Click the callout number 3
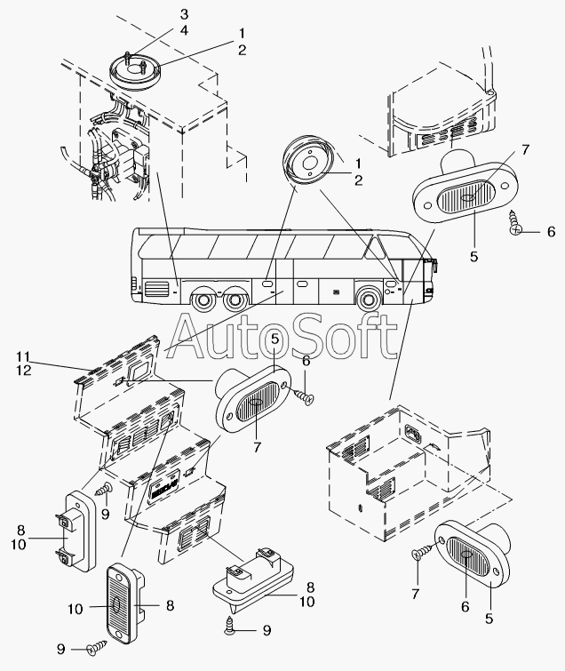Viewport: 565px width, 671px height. (x=184, y=14)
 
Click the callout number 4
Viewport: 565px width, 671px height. (x=184, y=31)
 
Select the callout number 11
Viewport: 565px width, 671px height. (x=23, y=356)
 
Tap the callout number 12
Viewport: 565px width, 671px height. (x=24, y=371)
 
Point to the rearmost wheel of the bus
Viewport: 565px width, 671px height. (x=203, y=300)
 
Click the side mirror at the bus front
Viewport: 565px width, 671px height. (x=434, y=268)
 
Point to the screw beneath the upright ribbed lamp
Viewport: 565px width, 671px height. (x=97, y=643)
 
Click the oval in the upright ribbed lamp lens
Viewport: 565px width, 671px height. (x=115, y=605)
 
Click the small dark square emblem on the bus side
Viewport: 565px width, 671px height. (x=335, y=292)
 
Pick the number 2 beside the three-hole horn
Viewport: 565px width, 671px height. (x=358, y=180)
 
